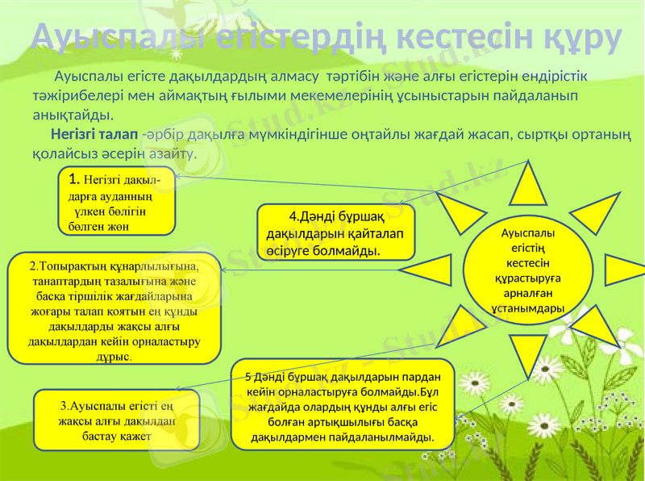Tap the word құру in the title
coord(580,36)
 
